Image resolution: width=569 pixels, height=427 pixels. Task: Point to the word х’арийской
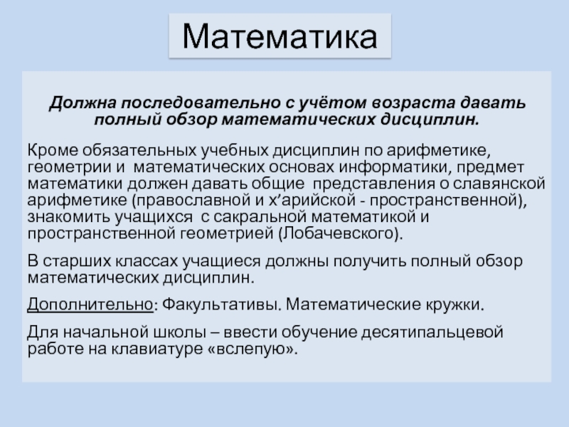[x=287, y=199]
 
